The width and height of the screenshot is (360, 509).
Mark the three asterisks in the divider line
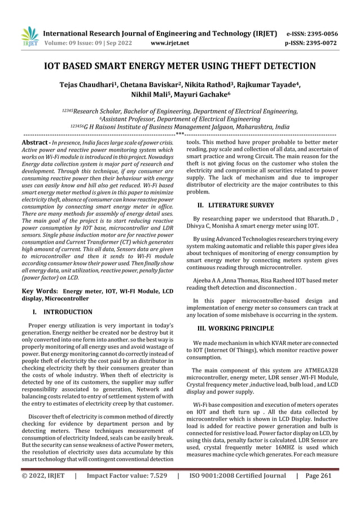(x=179, y=134)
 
